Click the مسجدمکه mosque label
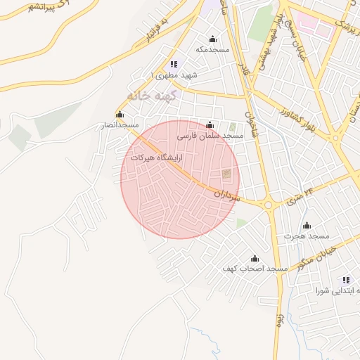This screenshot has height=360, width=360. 212,49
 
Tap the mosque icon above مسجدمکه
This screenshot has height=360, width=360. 212,39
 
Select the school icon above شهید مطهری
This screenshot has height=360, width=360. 174,64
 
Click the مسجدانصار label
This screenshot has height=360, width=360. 118,124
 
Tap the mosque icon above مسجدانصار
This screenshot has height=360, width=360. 120,115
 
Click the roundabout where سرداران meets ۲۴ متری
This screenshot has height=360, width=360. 268,205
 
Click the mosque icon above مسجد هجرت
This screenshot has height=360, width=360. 307,226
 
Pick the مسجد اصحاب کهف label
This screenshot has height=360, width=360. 255,269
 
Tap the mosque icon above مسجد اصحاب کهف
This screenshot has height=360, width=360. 255,259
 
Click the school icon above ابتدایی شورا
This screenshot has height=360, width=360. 345,280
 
